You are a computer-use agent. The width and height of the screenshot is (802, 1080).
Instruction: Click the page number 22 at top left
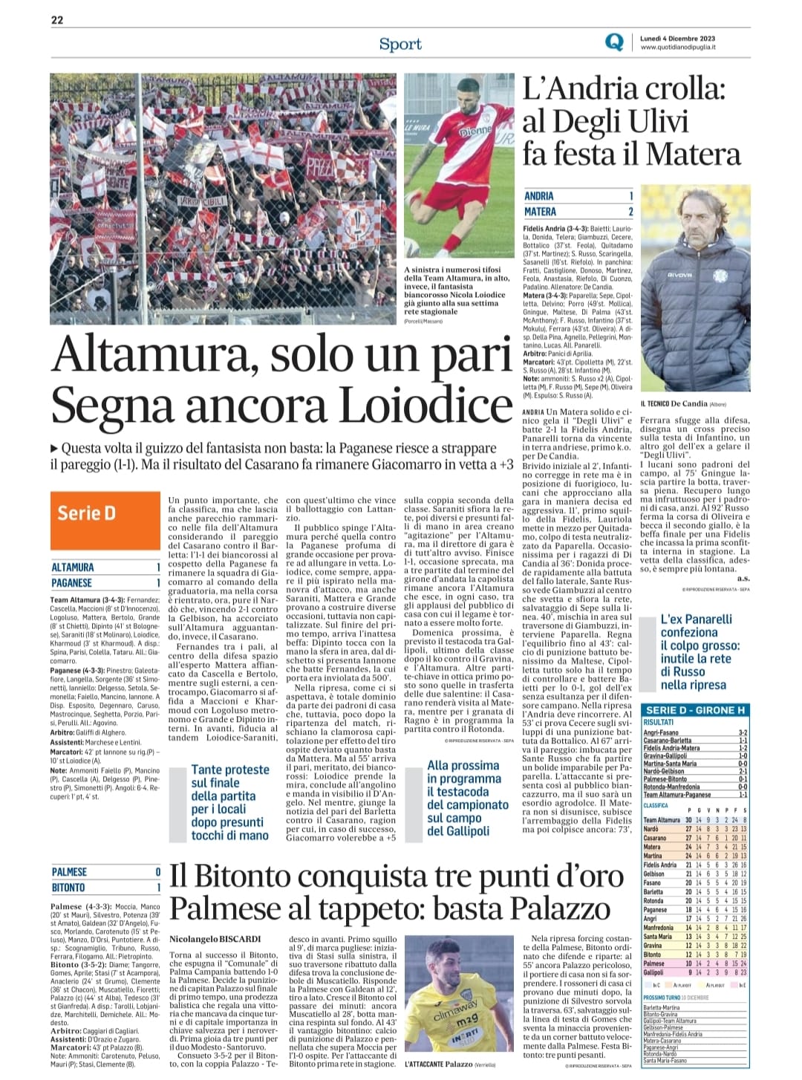click(56, 20)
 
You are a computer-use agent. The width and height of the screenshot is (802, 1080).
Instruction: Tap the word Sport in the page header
click(400, 44)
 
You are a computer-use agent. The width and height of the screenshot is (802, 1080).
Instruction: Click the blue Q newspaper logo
click(614, 42)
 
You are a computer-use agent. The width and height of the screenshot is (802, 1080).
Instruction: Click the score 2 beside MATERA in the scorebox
click(630, 212)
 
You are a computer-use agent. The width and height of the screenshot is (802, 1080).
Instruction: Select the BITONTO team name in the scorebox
click(68, 888)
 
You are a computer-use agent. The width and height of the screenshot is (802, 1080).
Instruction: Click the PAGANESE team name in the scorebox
click(72, 583)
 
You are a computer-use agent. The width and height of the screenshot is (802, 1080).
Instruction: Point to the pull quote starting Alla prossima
click(468, 798)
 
